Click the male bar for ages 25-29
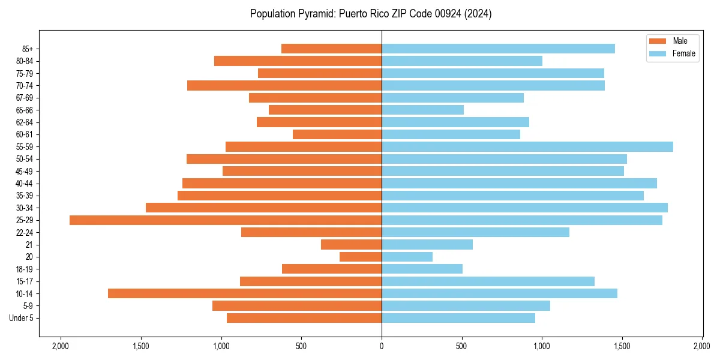coord(226,220)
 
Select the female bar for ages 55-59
coord(527,147)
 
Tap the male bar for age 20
coord(361,257)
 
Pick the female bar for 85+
coord(498,49)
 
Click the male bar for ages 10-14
coord(245,293)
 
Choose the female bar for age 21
coord(427,245)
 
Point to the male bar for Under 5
coord(304,318)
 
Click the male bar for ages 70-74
coord(284,86)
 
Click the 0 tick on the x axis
coord(382,346)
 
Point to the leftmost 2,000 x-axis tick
coord(60,346)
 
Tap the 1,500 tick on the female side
coord(622,346)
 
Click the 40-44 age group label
coord(25,184)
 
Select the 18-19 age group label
coord(25,269)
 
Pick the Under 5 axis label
coord(22,318)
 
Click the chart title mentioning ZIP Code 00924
coord(371,14)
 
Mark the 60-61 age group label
coord(25,134)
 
